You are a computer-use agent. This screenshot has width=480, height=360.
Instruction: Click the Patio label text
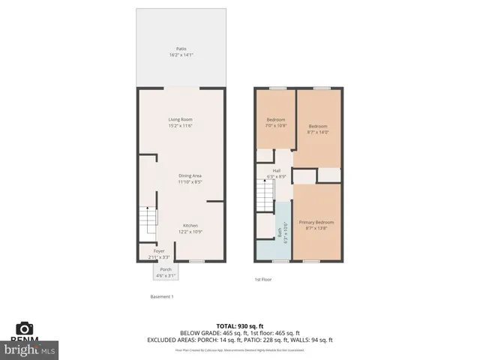181,49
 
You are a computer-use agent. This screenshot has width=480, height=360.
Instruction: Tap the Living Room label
181,119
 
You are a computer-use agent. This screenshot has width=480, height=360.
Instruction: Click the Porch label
166,269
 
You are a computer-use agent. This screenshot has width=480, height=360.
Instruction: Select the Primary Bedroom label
316,222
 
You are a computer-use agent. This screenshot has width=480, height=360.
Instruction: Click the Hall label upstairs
277,170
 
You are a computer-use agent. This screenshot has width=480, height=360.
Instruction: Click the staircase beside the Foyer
147,222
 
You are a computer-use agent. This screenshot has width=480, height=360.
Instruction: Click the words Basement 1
162,297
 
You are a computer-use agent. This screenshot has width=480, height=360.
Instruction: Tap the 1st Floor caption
262,280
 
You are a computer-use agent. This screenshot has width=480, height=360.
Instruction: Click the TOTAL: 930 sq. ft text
239,326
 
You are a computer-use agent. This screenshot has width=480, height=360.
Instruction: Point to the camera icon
25,328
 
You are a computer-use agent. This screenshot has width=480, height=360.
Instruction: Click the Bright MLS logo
30,349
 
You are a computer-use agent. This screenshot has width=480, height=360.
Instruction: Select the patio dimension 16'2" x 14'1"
181,55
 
